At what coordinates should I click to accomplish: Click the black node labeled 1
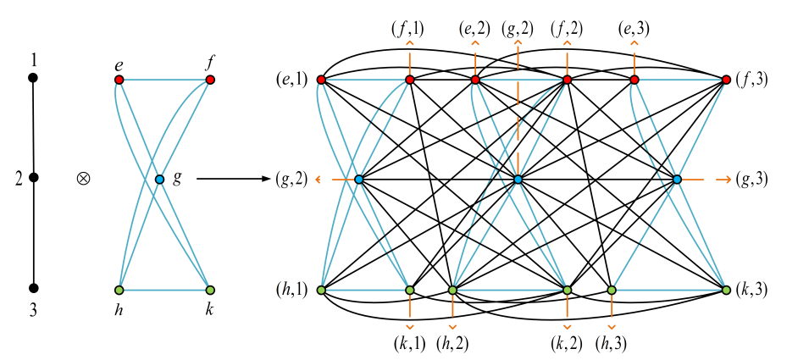click(x=33, y=78)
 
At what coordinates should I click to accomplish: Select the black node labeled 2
click(x=33, y=178)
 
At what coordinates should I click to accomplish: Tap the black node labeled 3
click(x=33, y=287)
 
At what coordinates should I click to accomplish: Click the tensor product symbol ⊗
click(x=83, y=179)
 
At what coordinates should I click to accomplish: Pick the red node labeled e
click(x=119, y=80)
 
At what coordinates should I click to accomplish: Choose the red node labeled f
click(x=210, y=80)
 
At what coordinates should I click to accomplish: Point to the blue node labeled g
click(x=159, y=180)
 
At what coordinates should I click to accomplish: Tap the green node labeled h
click(x=119, y=290)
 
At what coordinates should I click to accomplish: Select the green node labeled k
click(x=210, y=290)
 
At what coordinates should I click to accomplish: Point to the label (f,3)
click(x=752, y=80)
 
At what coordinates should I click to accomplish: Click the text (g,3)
click(x=752, y=180)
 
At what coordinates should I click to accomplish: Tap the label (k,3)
click(x=752, y=291)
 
